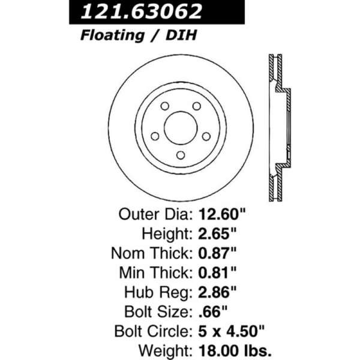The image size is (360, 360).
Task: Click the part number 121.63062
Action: click(x=142, y=11)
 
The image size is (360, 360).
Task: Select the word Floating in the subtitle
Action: click(x=113, y=35)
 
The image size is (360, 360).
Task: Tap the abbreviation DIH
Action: click(x=181, y=35)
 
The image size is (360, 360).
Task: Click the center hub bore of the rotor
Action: click(x=181, y=128)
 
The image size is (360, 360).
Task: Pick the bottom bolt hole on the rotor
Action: click(x=181, y=155)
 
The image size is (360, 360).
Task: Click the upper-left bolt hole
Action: click(x=164, y=106)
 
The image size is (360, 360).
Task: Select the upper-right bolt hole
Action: click(x=197, y=106)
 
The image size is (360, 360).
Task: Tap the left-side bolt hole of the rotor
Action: click(x=155, y=136)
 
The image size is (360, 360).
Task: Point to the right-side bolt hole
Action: click(x=206, y=136)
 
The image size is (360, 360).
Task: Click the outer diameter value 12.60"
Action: click(x=222, y=214)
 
